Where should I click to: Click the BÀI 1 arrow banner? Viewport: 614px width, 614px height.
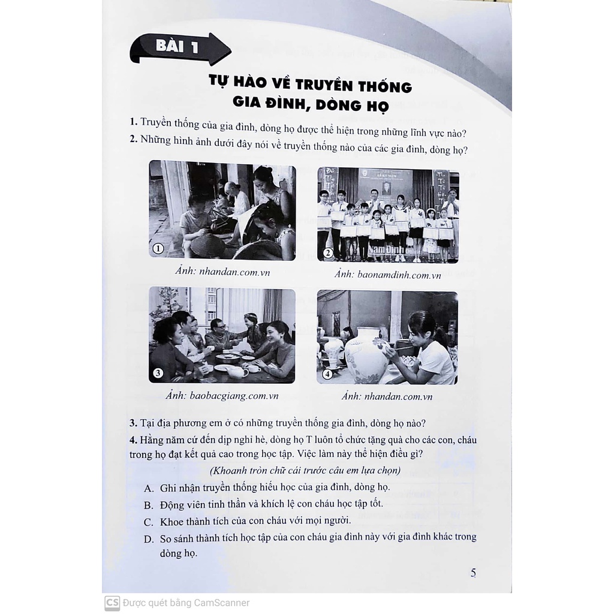coord(180,48)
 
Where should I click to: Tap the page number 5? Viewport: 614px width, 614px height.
coord(473,573)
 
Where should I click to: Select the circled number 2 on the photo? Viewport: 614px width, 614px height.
coord(327,253)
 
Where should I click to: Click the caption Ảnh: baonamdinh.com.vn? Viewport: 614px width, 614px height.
coord(388,275)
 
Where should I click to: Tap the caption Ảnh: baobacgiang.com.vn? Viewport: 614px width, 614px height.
coord(222,396)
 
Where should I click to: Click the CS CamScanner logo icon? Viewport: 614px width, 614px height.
coord(112,603)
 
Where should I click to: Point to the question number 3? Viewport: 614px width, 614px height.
coord(133,423)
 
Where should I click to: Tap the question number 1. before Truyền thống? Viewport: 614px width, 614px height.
coord(134,122)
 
